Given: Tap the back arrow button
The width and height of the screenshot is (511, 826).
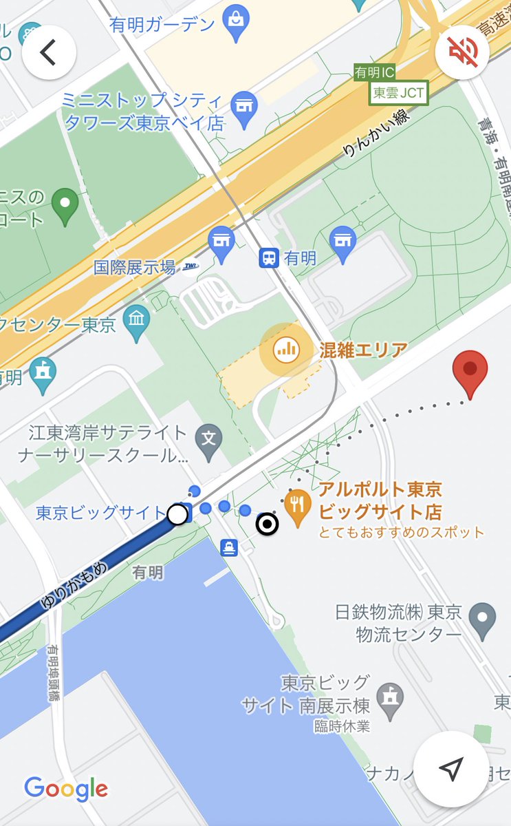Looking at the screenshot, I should (x=48, y=52).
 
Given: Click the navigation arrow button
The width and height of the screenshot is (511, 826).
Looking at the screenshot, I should (x=451, y=769).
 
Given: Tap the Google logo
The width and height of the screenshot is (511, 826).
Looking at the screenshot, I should (x=66, y=789).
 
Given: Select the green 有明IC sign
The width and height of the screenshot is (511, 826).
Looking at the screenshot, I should (x=375, y=72).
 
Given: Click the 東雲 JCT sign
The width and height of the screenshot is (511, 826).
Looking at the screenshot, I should (x=399, y=92).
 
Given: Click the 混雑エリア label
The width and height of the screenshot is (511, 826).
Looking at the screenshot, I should (x=363, y=350).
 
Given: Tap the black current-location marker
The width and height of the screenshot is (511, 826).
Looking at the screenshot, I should (x=267, y=525).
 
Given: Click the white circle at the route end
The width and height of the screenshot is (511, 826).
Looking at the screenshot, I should (x=177, y=513).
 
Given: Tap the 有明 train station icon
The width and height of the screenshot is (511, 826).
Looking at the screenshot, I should (x=268, y=258).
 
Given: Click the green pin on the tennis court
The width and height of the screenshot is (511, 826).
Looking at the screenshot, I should (x=65, y=205).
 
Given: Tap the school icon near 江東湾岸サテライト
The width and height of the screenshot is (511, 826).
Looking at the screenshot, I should (x=208, y=437).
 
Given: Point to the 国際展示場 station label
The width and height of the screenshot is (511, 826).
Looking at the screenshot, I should (x=135, y=267).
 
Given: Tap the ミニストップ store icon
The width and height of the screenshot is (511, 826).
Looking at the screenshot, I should (x=241, y=107).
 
